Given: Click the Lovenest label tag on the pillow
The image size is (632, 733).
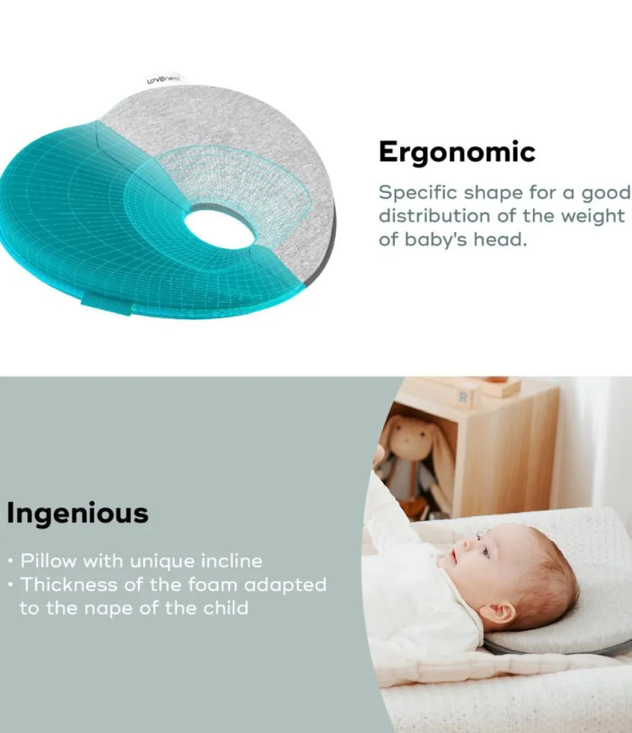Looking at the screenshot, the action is [x=164, y=80].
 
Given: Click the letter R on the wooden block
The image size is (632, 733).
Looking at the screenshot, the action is [x=463, y=397].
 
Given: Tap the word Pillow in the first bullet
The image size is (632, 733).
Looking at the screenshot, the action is [x=48, y=561].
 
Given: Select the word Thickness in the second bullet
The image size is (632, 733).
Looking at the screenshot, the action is [x=67, y=585].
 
